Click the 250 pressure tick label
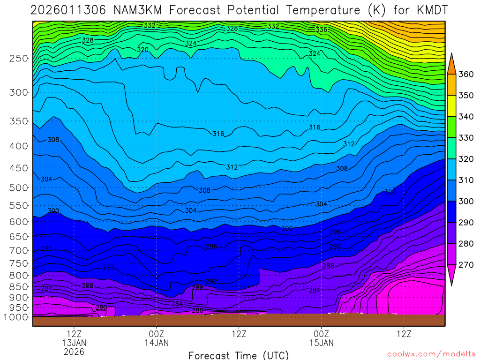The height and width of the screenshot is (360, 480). point(18,59)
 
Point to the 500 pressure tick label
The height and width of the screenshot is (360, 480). point(18,188)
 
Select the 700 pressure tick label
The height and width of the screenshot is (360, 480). point(18,250)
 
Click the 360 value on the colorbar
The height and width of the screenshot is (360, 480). point(465,74)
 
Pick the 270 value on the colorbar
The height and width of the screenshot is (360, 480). point(465,265)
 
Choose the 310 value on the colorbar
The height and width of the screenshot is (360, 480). point(465,180)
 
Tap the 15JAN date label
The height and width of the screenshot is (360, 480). point(321,343)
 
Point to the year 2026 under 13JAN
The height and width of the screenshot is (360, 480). point(74,352)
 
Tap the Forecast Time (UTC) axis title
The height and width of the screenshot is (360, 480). point(239,355)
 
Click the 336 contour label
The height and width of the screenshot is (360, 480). point(321,30)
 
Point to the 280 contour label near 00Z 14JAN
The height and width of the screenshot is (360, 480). point(198,310)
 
